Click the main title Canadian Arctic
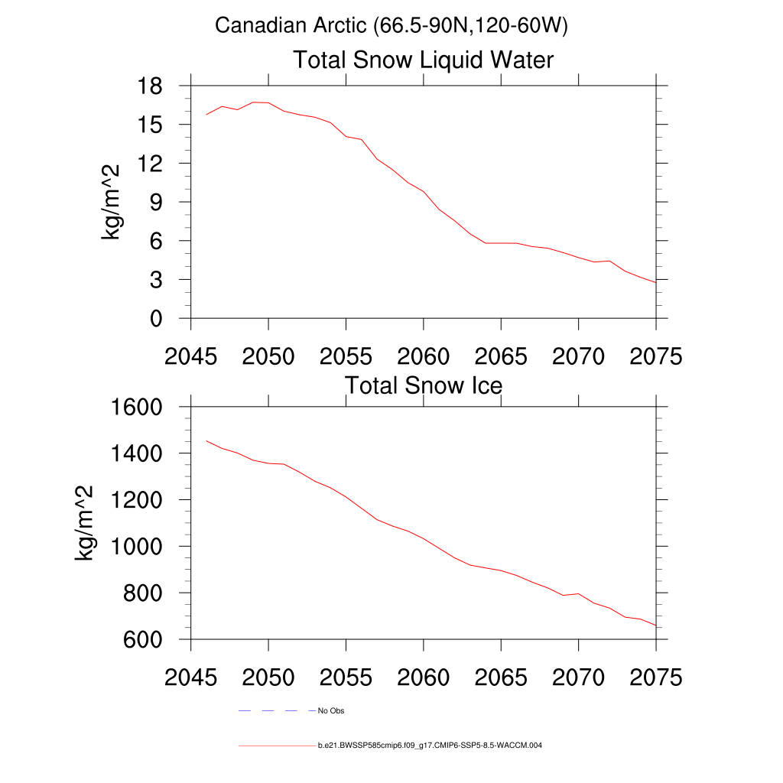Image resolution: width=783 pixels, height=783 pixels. [391, 25]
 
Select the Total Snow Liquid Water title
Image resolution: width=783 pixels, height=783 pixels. [423, 60]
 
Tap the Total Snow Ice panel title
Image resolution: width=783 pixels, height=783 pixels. [423, 385]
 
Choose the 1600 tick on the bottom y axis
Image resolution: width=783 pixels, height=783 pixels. [136, 407]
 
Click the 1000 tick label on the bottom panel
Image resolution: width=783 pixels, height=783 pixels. [136, 546]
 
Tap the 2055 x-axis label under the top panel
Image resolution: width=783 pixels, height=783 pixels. [346, 356]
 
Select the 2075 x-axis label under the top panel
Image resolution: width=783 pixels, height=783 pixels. [655, 356]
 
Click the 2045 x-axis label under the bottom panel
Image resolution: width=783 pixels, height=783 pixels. [191, 677]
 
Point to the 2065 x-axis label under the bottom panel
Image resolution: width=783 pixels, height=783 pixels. [501, 677]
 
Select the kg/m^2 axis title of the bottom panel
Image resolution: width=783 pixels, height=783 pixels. [84, 523]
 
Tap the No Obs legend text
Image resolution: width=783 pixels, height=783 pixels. [331, 711]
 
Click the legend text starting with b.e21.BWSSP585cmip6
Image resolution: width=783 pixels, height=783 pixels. [430, 745]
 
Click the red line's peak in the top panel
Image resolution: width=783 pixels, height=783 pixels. [253, 102]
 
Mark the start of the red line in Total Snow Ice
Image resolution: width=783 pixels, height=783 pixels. [206, 441]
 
